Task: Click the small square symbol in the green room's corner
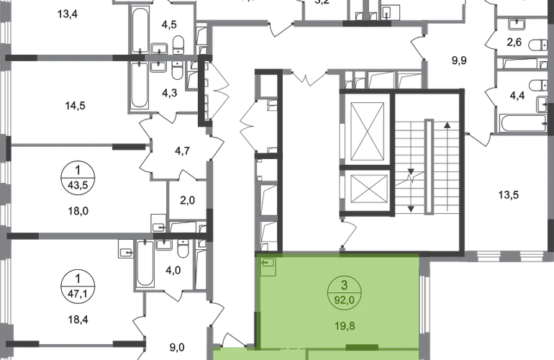[x=268, y=268]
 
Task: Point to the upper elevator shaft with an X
[x=367, y=133]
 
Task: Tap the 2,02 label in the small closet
[x=188, y=201]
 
